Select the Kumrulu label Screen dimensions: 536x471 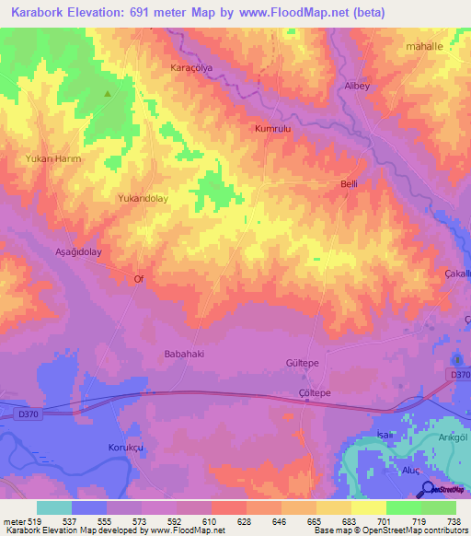(x=272, y=130)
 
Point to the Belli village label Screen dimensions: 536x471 (x=349, y=184)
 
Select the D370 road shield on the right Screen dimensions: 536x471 (x=459, y=373)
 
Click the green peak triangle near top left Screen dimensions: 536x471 (x=108, y=94)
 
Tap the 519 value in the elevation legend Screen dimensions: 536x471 (x=29, y=519)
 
